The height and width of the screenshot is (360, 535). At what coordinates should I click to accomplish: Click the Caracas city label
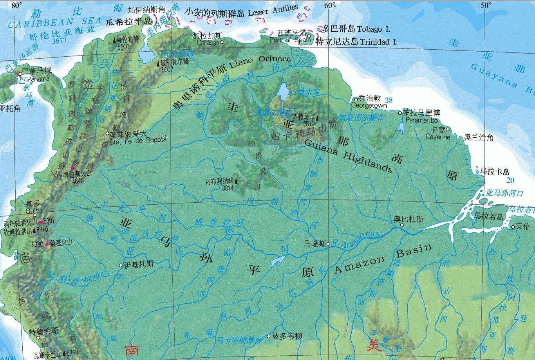coord(208,43)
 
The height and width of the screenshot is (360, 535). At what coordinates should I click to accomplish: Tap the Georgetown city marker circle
coord(356,100)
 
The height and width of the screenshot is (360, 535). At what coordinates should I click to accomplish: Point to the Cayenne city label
coord(437,137)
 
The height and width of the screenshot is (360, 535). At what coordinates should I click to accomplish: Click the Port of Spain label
coord(290,40)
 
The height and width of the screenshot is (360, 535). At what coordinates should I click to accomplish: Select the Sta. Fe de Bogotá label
coord(138,141)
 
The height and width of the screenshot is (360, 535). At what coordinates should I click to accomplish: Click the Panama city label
coord(38,79)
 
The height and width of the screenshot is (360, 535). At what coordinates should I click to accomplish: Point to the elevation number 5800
coord(123,47)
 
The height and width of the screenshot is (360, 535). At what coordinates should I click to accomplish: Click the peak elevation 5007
coord(167,70)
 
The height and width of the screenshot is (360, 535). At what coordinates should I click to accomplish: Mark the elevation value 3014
coord(228,188)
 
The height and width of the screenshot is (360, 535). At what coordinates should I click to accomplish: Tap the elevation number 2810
coord(309,124)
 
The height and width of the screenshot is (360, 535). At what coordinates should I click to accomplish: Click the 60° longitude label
coord(329,5)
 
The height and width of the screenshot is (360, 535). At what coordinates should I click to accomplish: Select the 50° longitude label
coord(486,5)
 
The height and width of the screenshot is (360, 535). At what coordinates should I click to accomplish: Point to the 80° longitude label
coord(16,5)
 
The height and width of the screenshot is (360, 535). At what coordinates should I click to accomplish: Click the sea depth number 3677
coord(59,40)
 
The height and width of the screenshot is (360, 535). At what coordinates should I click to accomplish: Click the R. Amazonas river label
coord(356,239)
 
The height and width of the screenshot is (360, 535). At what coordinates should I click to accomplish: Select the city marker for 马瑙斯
coord(328,244)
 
